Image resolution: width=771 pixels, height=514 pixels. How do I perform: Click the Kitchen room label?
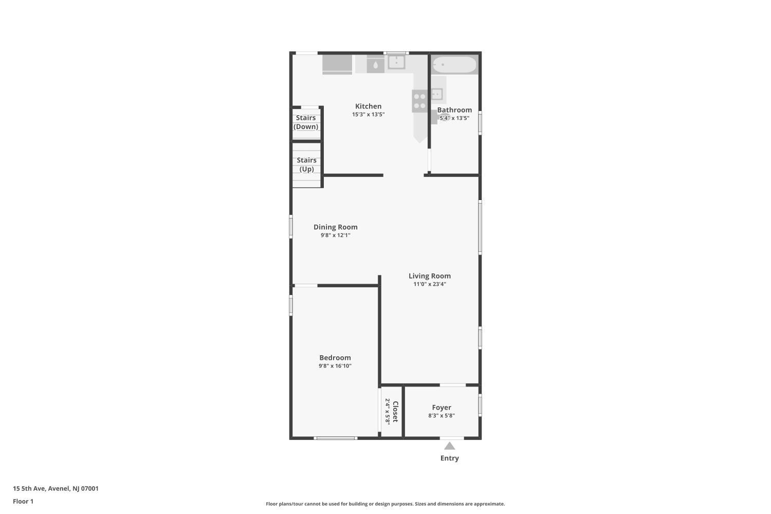368,106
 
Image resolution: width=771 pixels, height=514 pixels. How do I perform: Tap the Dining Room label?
335,227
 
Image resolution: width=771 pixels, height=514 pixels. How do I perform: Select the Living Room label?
430,276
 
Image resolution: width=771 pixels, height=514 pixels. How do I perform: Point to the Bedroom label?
335,358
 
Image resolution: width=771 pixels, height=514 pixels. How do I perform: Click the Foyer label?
442,408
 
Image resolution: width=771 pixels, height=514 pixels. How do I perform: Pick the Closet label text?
395,411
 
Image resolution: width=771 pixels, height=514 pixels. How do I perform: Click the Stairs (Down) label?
306,122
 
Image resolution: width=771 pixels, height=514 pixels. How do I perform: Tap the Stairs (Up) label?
306,164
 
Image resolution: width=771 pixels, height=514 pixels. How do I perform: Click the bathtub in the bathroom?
454,64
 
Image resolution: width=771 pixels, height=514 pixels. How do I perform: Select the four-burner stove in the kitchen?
419,101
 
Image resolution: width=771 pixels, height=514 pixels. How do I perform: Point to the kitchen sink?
396,62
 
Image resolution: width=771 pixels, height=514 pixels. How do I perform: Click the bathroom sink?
437,94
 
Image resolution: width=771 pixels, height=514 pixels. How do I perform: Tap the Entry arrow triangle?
450,446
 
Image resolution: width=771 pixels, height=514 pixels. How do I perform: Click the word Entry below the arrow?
450,458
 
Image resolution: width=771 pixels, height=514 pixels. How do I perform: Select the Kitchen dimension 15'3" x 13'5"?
368,114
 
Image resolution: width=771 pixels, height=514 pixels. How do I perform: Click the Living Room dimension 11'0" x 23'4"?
430,284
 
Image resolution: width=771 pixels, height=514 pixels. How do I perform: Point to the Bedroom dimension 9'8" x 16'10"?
335,366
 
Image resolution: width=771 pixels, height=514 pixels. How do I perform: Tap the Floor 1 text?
23,502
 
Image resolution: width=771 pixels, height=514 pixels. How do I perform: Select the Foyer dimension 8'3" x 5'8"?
442,415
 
